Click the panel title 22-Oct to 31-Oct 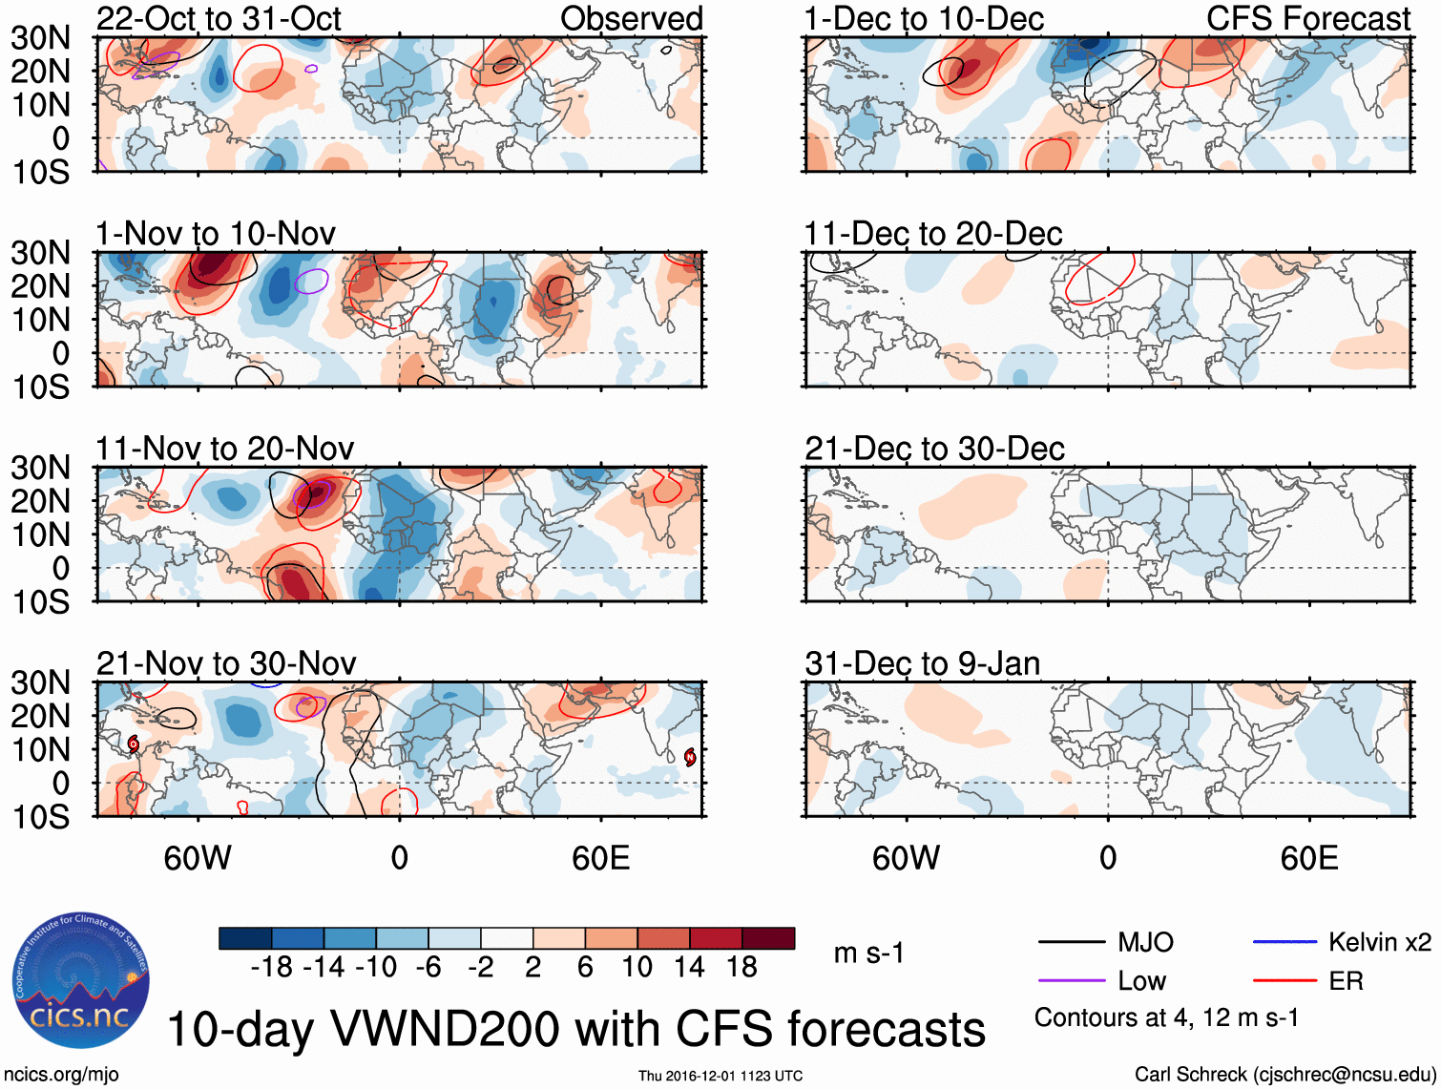(x=219, y=18)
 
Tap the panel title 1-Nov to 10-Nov (x=216, y=233)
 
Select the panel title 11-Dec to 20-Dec (x=933, y=233)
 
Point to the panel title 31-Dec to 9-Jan (x=922, y=663)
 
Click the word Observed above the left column (x=632, y=18)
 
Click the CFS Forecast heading (x=1308, y=18)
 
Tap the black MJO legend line (x=1072, y=943)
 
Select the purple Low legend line (x=1072, y=981)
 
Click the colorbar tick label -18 (x=271, y=967)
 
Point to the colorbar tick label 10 (x=637, y=967)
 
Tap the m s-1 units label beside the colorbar (x=868, y=953)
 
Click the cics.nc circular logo (x=81, y=981)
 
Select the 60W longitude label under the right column (x=906, y=858)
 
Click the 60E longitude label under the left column (x=600, y=858)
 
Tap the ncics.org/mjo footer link (x=61, y=1074)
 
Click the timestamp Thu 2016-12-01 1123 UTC (x=720, y=1076)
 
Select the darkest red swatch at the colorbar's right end (x=768, y=938)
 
